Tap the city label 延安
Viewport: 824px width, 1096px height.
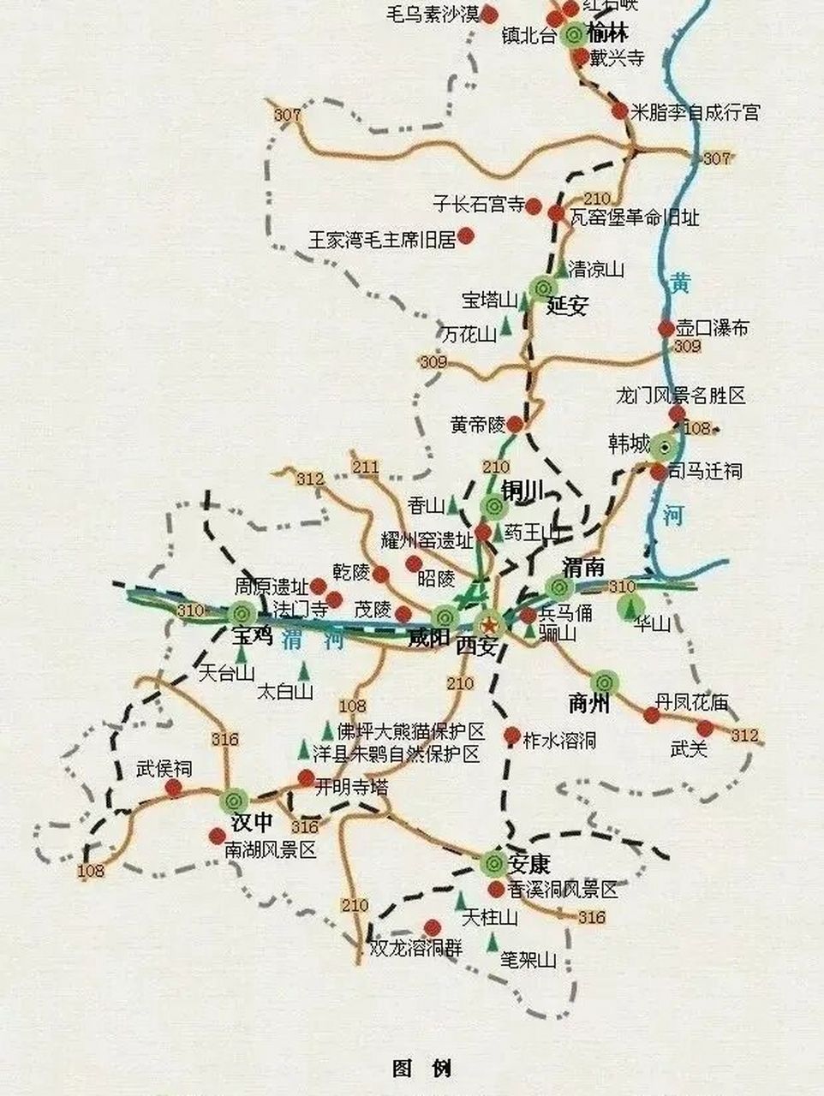pos(567,306)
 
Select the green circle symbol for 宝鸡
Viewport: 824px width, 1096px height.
pos(241,612)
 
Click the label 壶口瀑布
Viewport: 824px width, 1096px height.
pos(713,328)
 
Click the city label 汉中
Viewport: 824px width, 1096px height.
pos(253,823)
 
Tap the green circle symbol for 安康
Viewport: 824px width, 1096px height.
pos(493,862)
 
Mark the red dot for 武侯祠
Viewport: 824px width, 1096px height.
pos(175,788)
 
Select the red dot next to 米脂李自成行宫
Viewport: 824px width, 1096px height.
pos(619,110)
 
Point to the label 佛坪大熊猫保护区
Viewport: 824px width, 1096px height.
pos(411,732)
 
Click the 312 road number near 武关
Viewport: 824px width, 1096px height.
pos(744,735)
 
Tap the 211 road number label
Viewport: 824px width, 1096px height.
pos(365,468)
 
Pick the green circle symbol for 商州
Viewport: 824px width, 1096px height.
pos(604,682)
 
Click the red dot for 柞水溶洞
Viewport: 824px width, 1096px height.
pos(511,736)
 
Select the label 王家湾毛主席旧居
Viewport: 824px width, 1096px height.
pos(383,239)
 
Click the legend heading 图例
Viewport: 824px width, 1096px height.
pos(421,1068)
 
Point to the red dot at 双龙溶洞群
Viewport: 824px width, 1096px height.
pos(432,927)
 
